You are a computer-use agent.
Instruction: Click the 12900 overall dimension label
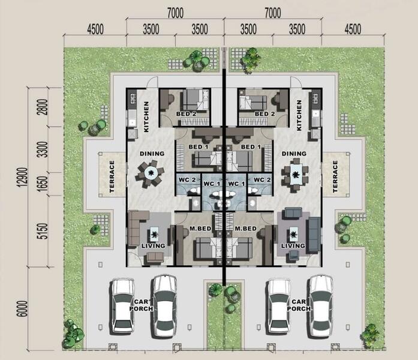[23, 177]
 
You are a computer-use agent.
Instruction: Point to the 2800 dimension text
[43, 107]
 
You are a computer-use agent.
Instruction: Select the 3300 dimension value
[43, 149]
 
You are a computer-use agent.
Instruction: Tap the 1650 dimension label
[43, 184]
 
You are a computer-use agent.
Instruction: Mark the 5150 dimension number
[43, 231]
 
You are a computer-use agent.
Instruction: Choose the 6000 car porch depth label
[22, 309]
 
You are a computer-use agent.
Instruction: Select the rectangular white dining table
[296, 174]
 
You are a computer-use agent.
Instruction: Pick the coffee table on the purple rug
[293, 235]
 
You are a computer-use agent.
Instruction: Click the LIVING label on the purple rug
[293, 245]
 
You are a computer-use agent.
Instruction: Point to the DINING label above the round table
[152, 154]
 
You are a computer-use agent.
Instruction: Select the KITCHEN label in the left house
[146, 116]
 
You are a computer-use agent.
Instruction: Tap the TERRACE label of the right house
[335, 176]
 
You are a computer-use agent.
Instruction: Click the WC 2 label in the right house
[262, 180]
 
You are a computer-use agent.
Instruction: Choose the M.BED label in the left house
[200, 229]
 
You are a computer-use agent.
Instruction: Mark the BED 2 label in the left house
[186, 114]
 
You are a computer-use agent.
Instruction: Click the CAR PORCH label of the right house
[299, 305]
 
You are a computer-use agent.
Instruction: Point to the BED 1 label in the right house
[251, 146]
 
